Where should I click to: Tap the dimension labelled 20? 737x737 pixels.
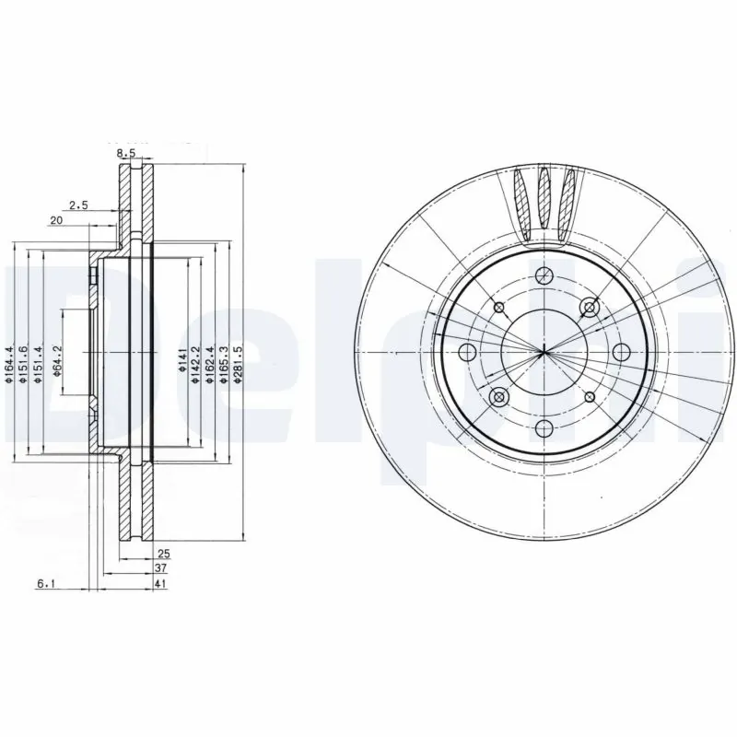(x=55, y=220)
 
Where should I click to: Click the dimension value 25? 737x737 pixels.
(x=164, y=555)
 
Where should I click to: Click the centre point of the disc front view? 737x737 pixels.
(x=544, y=351)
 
